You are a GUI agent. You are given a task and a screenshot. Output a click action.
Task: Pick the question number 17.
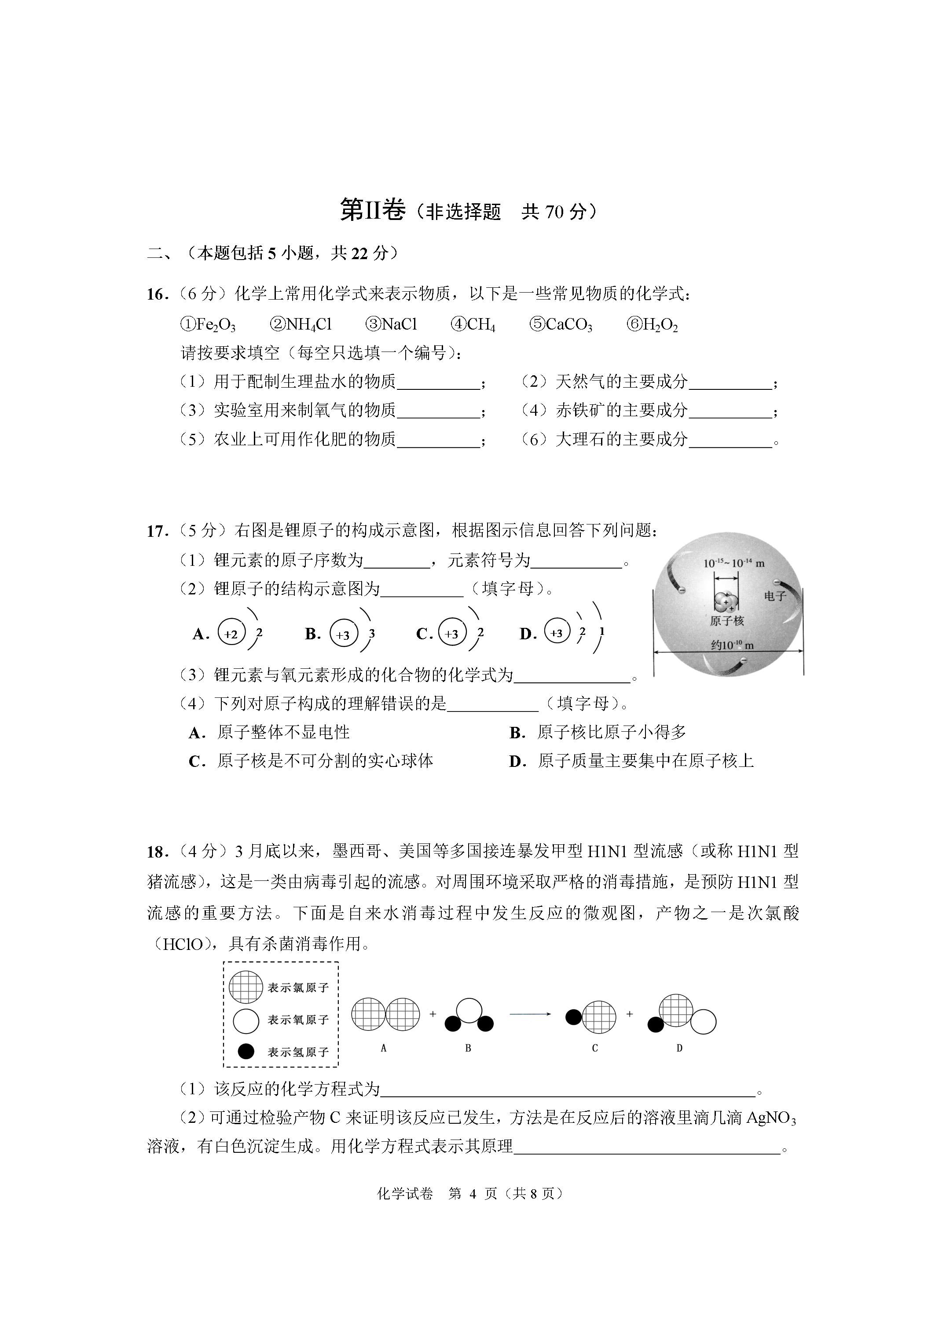pyautogui.click(x=157, y=531)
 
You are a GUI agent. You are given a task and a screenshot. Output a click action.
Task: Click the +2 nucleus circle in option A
pyautogui.click(x=231, y=634)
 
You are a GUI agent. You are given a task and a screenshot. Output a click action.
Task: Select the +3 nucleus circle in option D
pyautogui.click(x=557, y=633)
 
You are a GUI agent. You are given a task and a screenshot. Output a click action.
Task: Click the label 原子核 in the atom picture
pyautogui.click(x=726, y=621)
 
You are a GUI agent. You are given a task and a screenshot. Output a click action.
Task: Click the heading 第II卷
pyautogui.click(x=372, y=210)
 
